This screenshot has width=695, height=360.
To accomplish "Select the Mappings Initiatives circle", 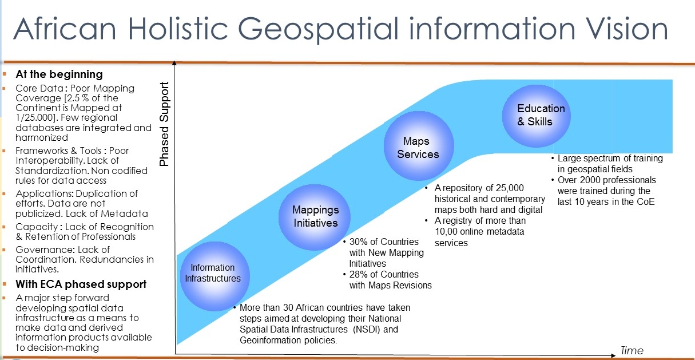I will click(x=316, y=216).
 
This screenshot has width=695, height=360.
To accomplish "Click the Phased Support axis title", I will click(x=165, y=124).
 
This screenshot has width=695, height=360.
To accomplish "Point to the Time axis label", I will click(x=632, y=350).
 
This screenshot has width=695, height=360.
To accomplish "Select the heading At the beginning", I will click(x=59, y=74).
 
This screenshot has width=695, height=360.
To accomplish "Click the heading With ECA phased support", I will click(x=81, y=284).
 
